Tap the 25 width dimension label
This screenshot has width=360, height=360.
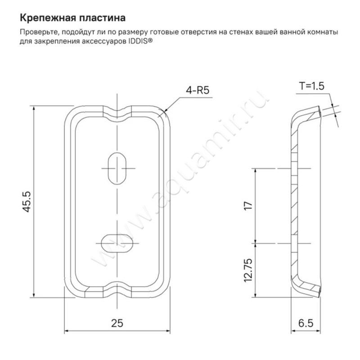117,323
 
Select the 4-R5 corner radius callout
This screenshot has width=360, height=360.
198,90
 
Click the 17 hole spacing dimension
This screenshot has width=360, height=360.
246,206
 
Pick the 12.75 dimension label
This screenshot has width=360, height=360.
246,270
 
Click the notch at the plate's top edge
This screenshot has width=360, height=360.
117,112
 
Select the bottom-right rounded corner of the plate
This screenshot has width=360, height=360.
163,291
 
